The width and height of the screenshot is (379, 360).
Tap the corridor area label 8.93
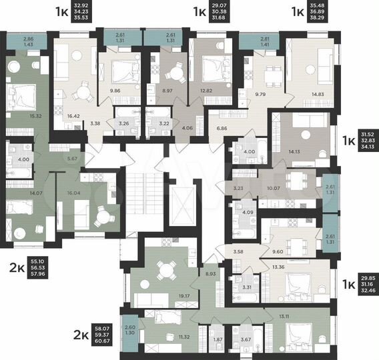[x=212, y=274]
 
